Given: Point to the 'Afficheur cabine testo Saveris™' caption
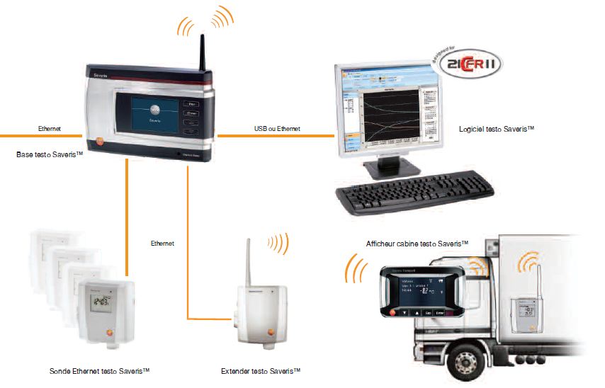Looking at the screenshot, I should [417, 243].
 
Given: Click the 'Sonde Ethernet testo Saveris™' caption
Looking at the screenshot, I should [100, 371].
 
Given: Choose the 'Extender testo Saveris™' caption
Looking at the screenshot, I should [261, 371].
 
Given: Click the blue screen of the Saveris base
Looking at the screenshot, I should [154, 114].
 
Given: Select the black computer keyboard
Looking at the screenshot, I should [415, 195].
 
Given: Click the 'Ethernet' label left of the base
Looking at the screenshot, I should [50, 129].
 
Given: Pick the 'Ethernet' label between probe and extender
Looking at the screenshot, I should [162, 243].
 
